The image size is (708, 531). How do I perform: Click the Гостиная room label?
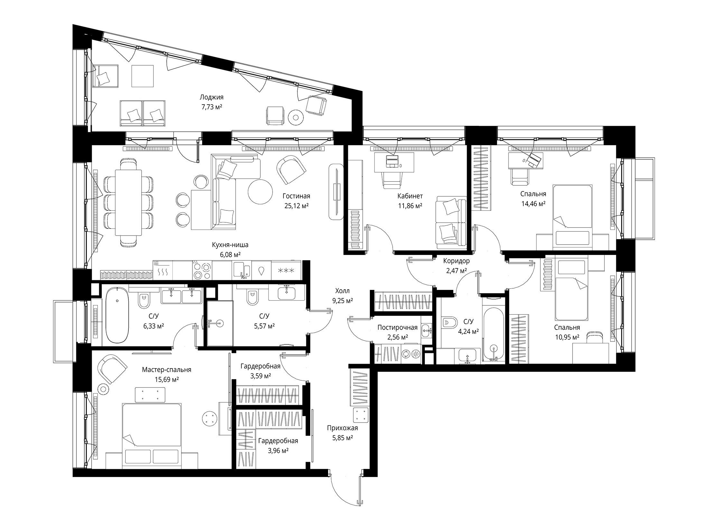[x=296, y=196]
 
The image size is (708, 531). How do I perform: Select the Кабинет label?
[x=410, y=196]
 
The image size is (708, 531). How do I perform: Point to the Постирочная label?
[x=397, y=328]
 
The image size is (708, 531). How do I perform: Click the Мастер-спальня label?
[x=166, y=370]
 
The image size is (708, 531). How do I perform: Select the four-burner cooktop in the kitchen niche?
[x=202, y=270]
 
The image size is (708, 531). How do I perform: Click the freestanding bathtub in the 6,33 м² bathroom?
[x=117, y=315]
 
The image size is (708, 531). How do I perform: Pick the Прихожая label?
[x=342, y=428]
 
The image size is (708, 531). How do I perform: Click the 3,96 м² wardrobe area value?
[x=278, y=451]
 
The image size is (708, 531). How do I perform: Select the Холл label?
[x=342, y=291]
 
